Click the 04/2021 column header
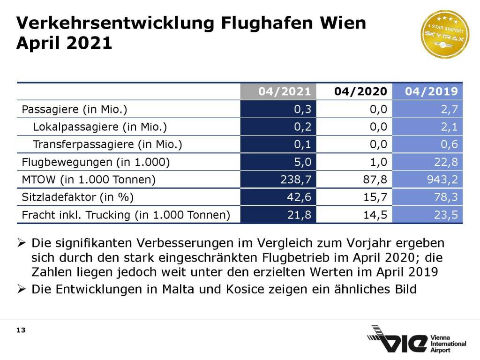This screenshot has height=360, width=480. pyautogui.click(x=284, y=91)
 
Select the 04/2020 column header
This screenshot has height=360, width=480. pyautogui.click(x=360, y=91)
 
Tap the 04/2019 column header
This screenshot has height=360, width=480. pyautogui.click(x=431, y=91)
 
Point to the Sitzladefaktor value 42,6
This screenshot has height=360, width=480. pyautogui.click(x=300, y=197)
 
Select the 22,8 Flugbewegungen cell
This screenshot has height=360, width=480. pyautogui.click(x=446, y=162)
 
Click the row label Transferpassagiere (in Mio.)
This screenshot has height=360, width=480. pyautogui.click(x=107, y=144)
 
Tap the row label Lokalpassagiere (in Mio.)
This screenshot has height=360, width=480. pyautogui.click(x=100, y=127)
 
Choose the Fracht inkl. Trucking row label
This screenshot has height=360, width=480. pyautogui.click(x=126, y=215)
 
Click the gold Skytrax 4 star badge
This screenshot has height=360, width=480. pyautogui.click(x=444, y=34)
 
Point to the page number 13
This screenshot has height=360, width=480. pyautogui.click(x=21, y=330)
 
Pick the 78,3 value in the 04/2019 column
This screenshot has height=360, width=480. pyautogui.click(x=446, y=197)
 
